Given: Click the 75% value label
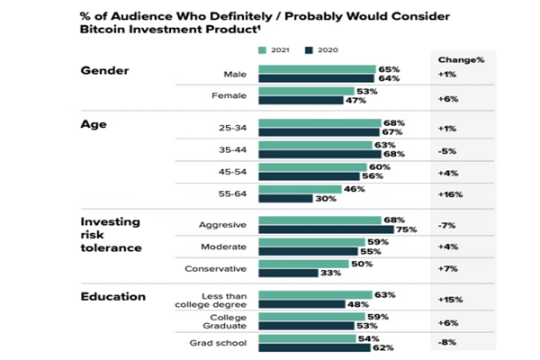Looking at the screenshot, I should click(x=406, y=229).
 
